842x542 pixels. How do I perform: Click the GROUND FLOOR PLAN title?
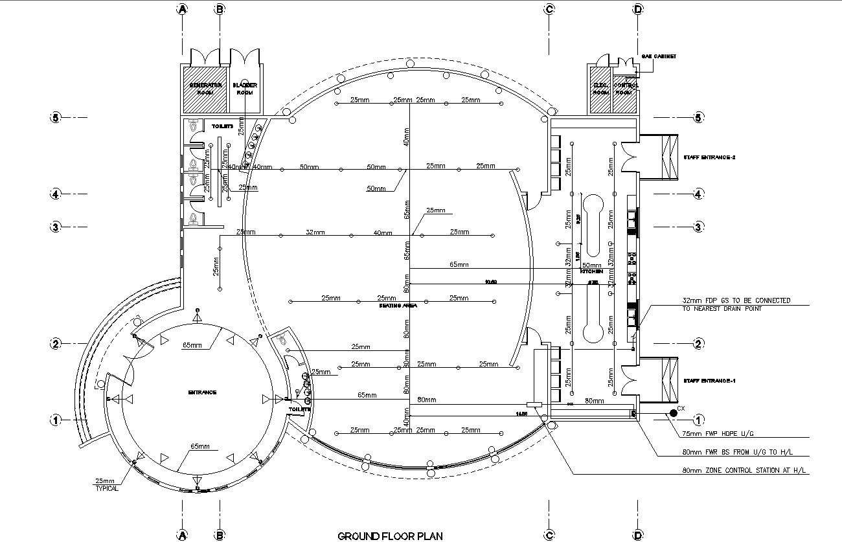(x=391, y=536)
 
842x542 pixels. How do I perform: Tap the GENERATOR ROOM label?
(x=205, y=89)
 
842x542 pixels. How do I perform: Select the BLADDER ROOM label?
(x=245, y=89)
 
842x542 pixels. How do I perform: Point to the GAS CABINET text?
(x=659, y=56)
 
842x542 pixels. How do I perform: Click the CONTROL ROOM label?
(x=625, y=89)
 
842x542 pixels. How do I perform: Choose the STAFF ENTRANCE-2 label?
(x=709, y=157)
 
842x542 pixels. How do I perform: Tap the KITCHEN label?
(x=591, y=271)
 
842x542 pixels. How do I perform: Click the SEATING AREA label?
(x=398, y=305)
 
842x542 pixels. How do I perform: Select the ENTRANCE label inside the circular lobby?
(x=202, y=392)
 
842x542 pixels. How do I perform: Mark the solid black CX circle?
(x=674, y=412)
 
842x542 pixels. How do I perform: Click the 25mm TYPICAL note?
(x=107, y=484)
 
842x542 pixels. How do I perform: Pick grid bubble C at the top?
(x=549, y=9)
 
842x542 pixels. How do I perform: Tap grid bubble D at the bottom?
(x=638, y=535)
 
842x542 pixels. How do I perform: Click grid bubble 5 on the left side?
(x=56, y=117)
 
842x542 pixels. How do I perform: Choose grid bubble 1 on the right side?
(x=698, y=419)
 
